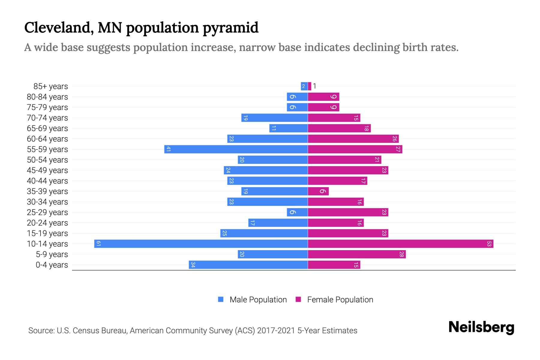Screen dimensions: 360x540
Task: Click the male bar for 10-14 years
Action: pos(201,244)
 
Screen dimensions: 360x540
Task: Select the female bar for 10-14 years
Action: pos(400,244)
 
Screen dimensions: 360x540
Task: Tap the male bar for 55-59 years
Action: pos(236,149)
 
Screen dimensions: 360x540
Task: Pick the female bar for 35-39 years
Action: pos(318,191)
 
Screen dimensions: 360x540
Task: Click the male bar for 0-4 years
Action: pos(248,265)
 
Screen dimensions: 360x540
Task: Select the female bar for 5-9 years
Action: pos(357,254)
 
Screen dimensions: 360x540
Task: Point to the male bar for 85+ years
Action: pos(304,86)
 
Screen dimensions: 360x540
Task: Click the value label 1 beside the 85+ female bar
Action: pos(314,86)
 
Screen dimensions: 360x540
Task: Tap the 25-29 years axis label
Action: pos(47,212)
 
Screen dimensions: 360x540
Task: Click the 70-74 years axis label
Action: pos(47,118)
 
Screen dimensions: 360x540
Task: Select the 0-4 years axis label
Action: pos(52,265)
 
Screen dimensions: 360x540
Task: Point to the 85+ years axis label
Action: pos(50,86)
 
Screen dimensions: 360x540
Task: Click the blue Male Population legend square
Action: pos(221,299)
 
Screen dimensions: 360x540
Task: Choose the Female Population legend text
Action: pos(340,299)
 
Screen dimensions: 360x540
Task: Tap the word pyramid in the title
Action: pos(230,28)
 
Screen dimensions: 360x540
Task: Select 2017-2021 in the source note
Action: pos(276,331)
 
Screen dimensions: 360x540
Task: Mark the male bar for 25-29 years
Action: pos(297,212)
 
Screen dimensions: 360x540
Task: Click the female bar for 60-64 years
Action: pos(353,139)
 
